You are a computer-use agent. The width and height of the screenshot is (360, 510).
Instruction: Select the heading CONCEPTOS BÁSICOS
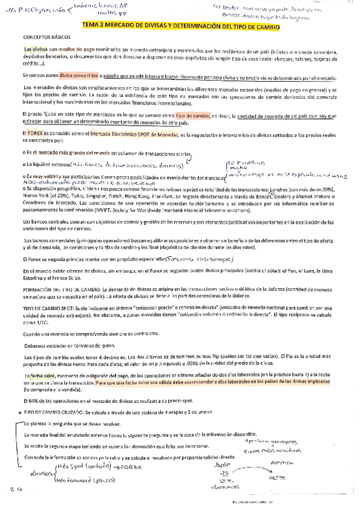click(45, 36)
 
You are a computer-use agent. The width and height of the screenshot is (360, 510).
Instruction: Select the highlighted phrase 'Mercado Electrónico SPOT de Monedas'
click(131, 132)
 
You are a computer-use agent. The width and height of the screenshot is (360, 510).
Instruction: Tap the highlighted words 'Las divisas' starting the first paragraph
click(35, 49)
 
